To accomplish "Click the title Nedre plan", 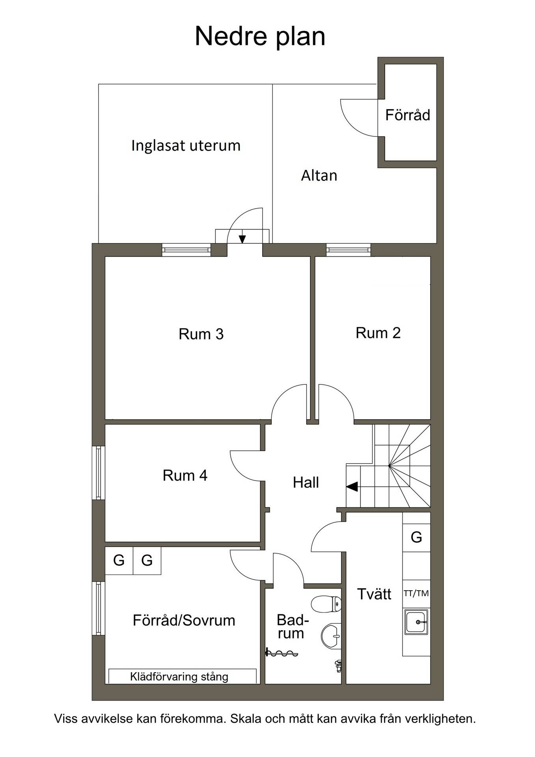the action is click(260, 36).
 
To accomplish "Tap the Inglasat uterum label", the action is click(186, 145).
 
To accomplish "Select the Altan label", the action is click(319, 175).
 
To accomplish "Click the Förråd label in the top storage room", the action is click(408, 115).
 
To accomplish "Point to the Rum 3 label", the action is click(201, 334).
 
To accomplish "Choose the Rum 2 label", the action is click(378, 333).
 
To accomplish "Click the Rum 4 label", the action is click(185, 475).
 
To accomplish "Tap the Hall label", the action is click(306, 483).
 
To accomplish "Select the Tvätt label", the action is click(374, 594).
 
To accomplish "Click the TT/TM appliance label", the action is click(416, 593).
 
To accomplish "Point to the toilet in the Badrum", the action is click(326, 604).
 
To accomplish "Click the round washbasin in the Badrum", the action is click(331, 636).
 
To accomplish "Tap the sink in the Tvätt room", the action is click(416, 622).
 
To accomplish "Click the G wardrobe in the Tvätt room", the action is click(416, 537).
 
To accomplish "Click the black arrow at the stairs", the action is click(352, 487).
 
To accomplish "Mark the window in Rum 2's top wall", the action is click(349, 250).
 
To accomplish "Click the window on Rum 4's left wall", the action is click(99, 473).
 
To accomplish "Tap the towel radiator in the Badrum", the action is click(282, 653).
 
